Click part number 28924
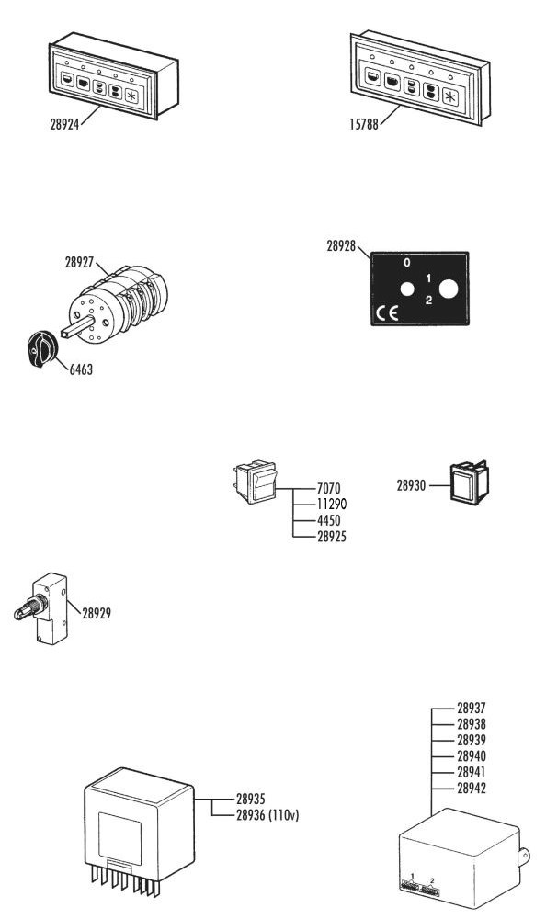click(64, 124)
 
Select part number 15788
click(364, 124)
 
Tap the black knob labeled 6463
click(41, 348)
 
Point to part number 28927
click(79, 263)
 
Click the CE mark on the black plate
click(387, 313)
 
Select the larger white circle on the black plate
click(449, 289)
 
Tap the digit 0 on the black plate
click(407, 263)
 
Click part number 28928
click(341, 246)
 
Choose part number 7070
click(328, 488)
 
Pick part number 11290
click(331, 504)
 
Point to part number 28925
click(331, 537)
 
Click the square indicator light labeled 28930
click(469, 483)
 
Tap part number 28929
click(97, 613)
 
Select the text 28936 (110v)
click(267, 814)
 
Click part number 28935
click(250, 799)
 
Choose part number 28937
click(472, 708)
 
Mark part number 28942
click(472, 789)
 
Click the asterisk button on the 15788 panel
click(449, 96)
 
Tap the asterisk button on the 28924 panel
click(131, 96)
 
